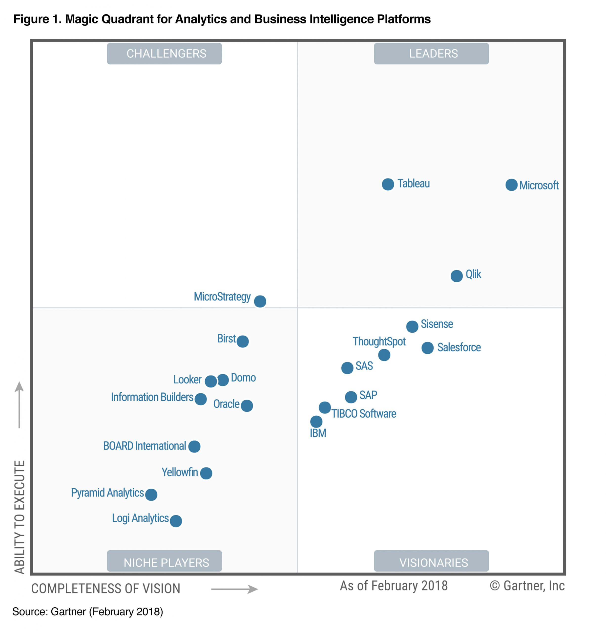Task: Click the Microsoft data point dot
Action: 511,185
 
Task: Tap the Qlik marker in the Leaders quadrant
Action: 456,276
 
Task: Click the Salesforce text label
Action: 459,347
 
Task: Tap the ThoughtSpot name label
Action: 379,341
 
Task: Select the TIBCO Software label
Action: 363,413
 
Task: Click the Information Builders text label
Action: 152,397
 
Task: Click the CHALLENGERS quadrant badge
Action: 164,54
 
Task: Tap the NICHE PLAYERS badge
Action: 164,562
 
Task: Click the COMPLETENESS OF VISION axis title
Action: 105,588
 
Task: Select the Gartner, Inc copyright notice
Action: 527,586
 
